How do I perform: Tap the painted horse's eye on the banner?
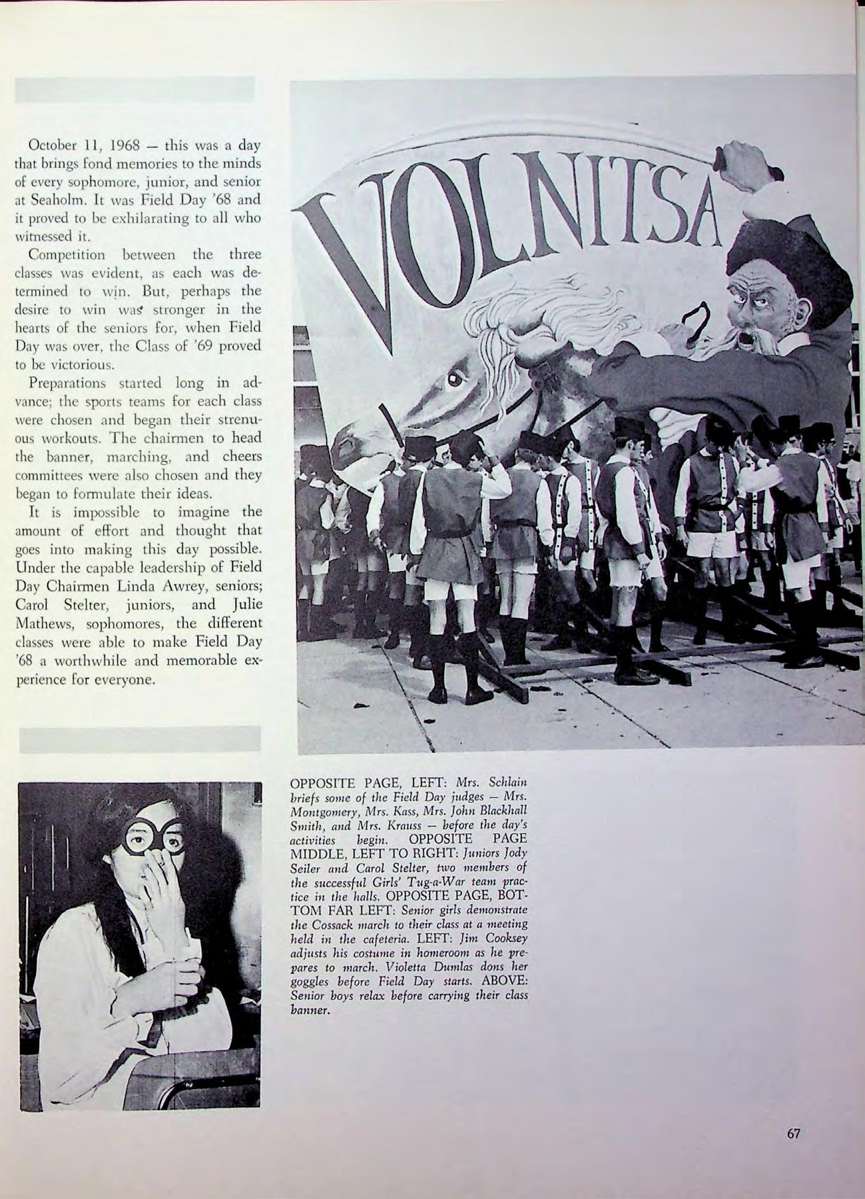click(x=455, y=379)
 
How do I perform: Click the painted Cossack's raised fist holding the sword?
click(x=746, y=160)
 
